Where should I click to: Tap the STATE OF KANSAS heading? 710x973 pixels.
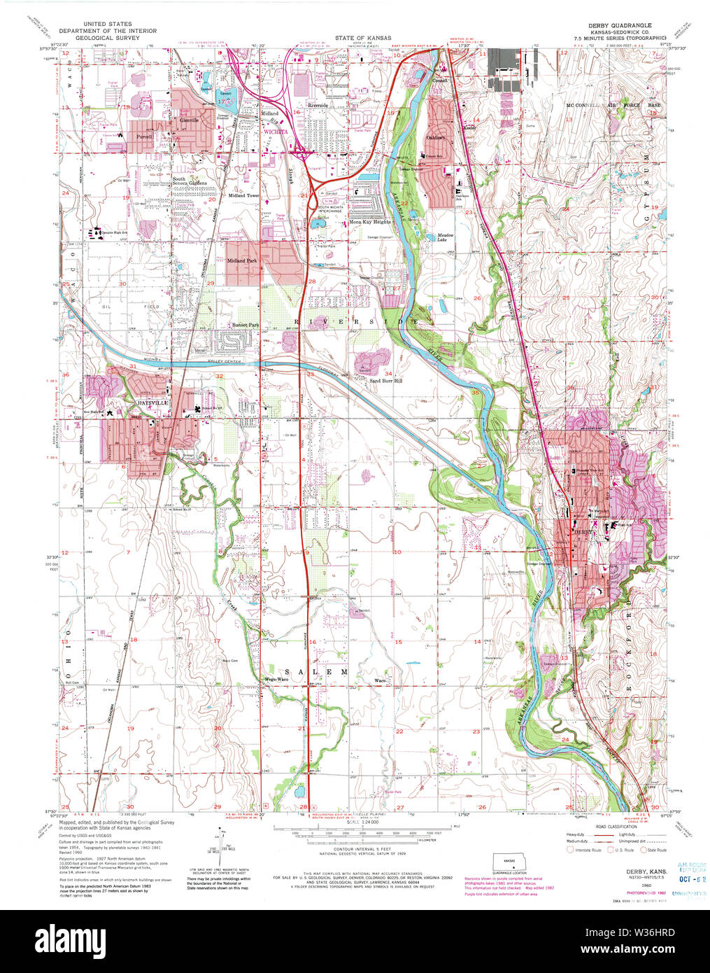(362, 38)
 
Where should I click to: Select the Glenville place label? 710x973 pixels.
(190, 120)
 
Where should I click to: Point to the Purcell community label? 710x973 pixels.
(145, 136)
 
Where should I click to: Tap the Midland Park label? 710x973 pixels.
(242, 260)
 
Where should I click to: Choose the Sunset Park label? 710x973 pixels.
(246, 325)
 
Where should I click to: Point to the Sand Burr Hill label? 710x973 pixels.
(386, 381)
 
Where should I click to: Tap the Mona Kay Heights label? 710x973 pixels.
(370, 222)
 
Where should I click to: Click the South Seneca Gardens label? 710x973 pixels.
(190, 181)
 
